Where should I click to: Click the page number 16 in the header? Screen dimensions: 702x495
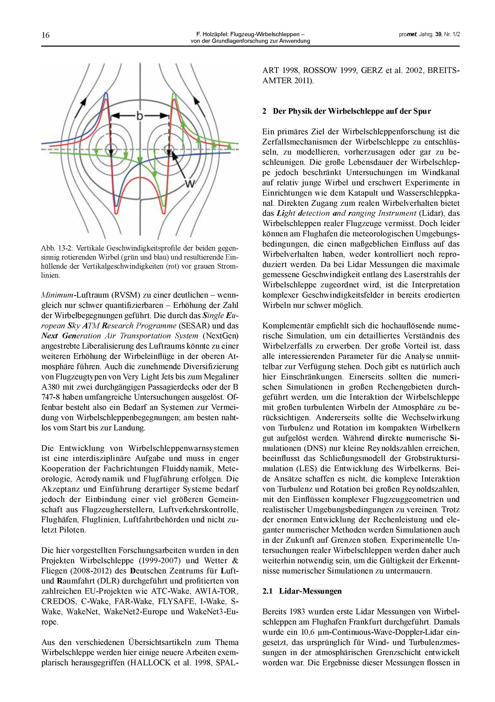click(x=46, y=35)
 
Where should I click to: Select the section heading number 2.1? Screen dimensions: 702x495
click(x=267, y=591)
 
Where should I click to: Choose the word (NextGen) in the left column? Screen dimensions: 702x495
click(x=221, y=336)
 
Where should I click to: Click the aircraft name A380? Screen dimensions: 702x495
click(x=50, y=387)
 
